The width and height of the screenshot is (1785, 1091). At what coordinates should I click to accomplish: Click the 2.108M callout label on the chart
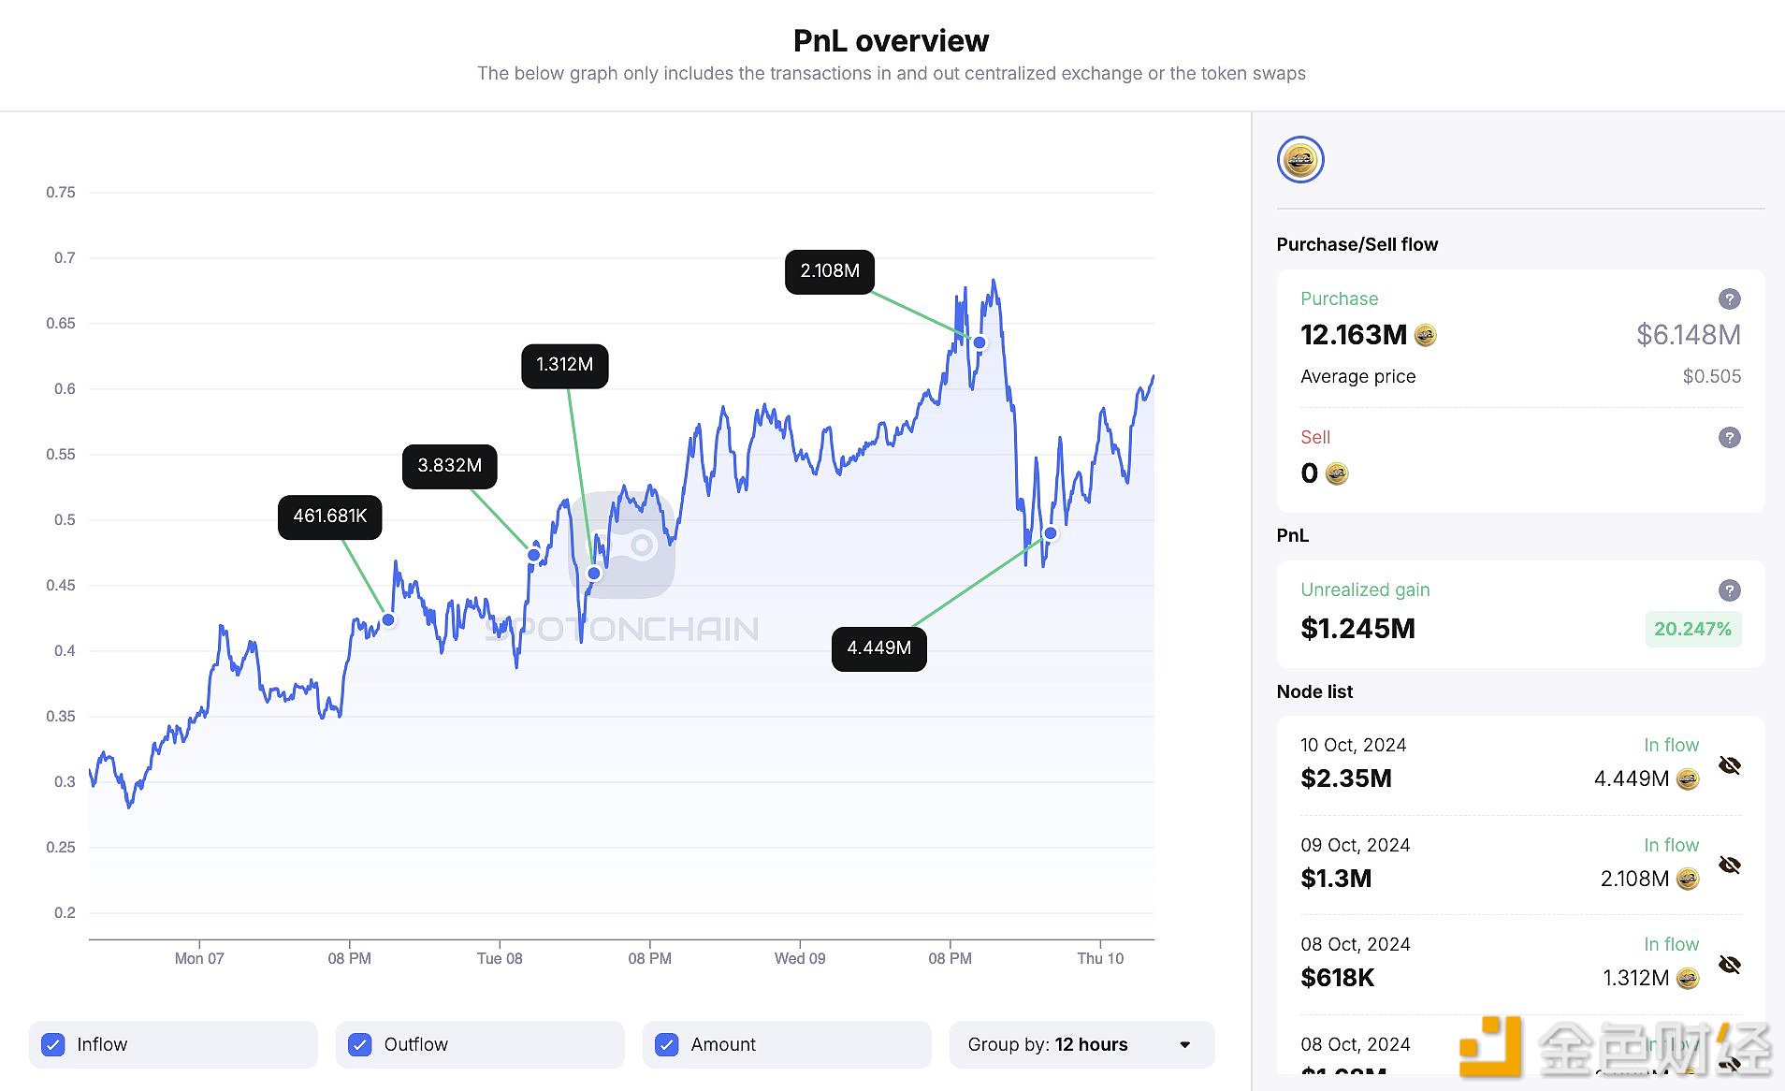(830, 271)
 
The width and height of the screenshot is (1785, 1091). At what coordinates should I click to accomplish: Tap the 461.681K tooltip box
(329, 516)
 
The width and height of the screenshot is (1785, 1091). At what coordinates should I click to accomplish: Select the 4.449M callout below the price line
(878, 648)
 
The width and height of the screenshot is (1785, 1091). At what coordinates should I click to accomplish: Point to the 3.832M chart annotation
(449, 466)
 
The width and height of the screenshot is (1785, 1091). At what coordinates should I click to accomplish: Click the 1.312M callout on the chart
(564, 365)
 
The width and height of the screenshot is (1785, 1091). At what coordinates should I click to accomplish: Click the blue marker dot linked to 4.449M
(1050, 533)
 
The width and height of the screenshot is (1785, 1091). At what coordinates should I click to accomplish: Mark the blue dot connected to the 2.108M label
(980, 342)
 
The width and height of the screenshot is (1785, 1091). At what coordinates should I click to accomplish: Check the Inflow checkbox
(54, 1044)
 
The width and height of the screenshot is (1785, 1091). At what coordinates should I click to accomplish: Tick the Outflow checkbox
(360, 1044)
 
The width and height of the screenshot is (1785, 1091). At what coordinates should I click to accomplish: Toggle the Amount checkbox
(667, 1044)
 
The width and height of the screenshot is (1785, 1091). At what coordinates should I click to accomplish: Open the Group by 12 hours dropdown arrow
(1185, 1044)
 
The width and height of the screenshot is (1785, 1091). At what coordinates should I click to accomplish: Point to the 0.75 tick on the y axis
(61, 193)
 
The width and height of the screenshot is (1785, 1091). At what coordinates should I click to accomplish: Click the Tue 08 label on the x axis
(500, 958)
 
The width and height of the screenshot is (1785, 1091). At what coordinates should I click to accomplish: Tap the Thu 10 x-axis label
(1100, 958)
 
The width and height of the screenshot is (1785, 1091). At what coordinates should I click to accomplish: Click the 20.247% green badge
(1692, 629)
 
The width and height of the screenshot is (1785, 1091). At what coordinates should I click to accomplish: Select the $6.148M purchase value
(1688, 335)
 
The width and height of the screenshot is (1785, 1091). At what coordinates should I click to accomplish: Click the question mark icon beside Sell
(1730, 437)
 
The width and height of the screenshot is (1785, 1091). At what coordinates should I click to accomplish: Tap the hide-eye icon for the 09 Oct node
(1730, 866)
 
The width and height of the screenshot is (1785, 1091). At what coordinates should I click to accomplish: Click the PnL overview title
(891, 41)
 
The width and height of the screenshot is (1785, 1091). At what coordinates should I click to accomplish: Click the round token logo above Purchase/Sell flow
(1300, 160)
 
